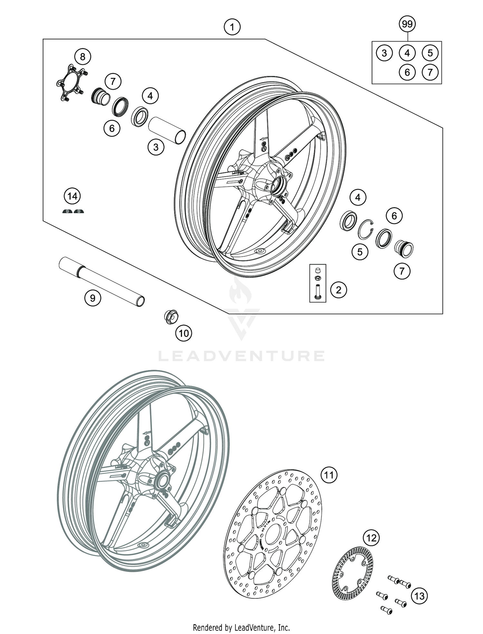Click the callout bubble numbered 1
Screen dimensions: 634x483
(232, 27)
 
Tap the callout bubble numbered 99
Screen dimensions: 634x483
(407, 24)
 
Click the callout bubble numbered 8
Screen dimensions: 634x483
(83, 57)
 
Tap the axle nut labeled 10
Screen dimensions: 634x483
(171, 317)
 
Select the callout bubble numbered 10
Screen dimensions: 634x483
(184, 333)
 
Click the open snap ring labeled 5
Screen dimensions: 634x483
(366, 229)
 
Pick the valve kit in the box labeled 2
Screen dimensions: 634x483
(317, 283)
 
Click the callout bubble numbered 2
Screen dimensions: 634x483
(338, 290)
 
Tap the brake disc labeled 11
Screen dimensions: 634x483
(272, 534)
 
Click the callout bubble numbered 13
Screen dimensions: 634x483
(420, 596)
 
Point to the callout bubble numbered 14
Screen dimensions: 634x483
(72, 196)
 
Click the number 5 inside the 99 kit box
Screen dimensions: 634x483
(430, 53)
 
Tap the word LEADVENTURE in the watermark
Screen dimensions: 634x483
(241, 356)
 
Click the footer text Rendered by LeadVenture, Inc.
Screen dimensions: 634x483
(241, 627)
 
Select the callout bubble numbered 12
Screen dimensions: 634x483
(371, 538)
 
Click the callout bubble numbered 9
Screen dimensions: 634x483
(93, 298)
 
